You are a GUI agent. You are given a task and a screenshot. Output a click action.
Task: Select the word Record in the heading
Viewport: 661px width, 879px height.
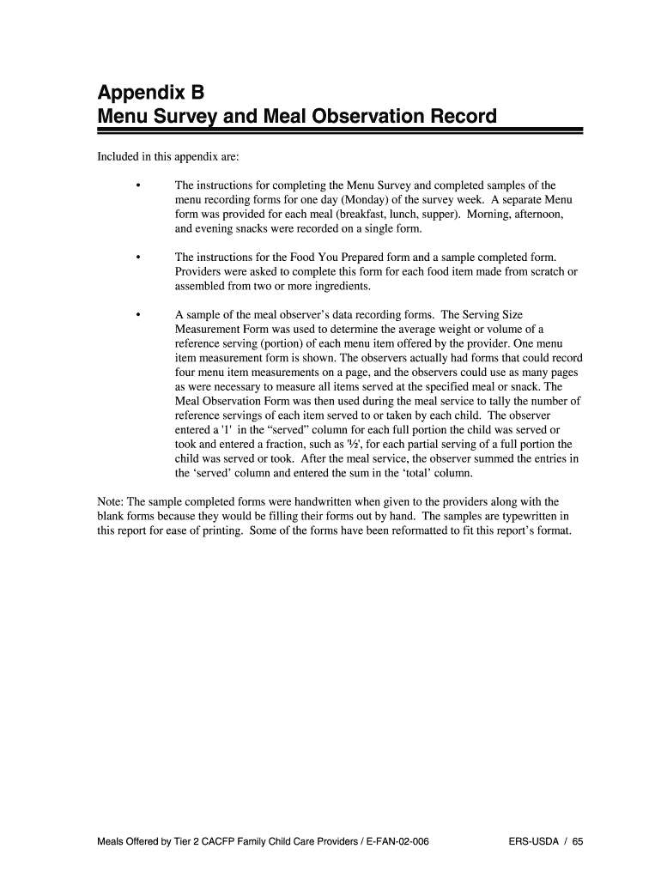pyautogui.click(x=460, y=116)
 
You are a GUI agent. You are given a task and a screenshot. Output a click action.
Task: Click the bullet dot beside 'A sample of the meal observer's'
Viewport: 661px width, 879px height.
pyautogui.click(x=137, y=315)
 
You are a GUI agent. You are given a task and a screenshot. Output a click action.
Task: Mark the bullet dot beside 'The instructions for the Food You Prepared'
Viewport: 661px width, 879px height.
pyautogui.click(x=137, y=257)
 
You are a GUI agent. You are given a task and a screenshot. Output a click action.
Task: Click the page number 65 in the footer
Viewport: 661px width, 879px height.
pyautogui.click(x=577, y=842)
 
